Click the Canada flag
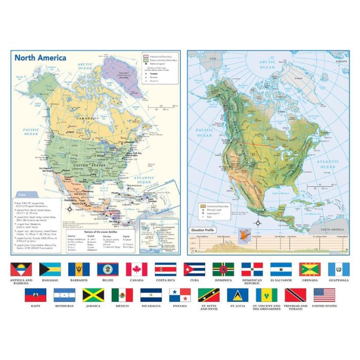coord(137,269)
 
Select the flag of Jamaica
coord(93,295)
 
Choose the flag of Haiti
coord(35,295)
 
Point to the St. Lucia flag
coord(238,295)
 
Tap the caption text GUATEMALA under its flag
coord(339,280)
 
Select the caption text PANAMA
coord(180,305)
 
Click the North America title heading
coord(40,57)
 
